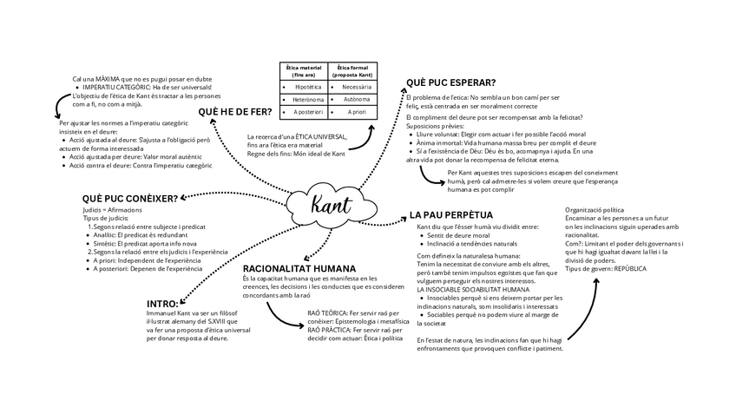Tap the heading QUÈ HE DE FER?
(233, 112)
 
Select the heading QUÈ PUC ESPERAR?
(450, 82)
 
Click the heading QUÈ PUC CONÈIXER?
(130, 199)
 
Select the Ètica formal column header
(353, 71)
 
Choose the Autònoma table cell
(357, 100)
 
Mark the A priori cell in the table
(356, 112)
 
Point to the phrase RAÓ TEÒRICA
(327, 312)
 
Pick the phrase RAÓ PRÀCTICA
(327, 331)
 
